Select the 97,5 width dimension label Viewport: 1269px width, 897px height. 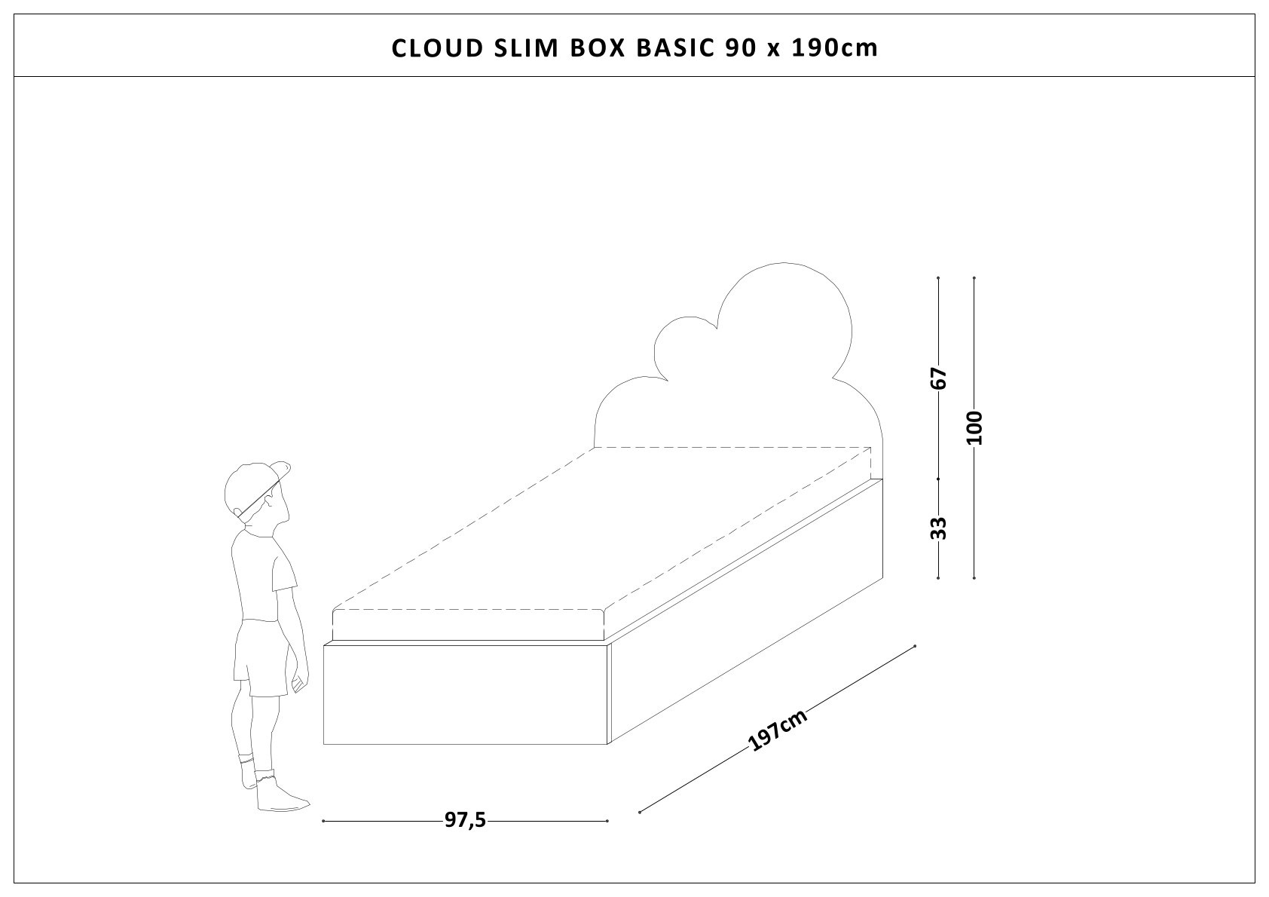point(465,821)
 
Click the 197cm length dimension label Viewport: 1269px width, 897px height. point(778,730)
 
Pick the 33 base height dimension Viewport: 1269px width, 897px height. point(938,528)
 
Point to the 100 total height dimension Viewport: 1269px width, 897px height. point(975,428)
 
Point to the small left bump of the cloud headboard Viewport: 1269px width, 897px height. point(682,347)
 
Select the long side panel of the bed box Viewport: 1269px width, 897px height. point(746,611)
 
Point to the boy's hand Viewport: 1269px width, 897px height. point(299,682)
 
